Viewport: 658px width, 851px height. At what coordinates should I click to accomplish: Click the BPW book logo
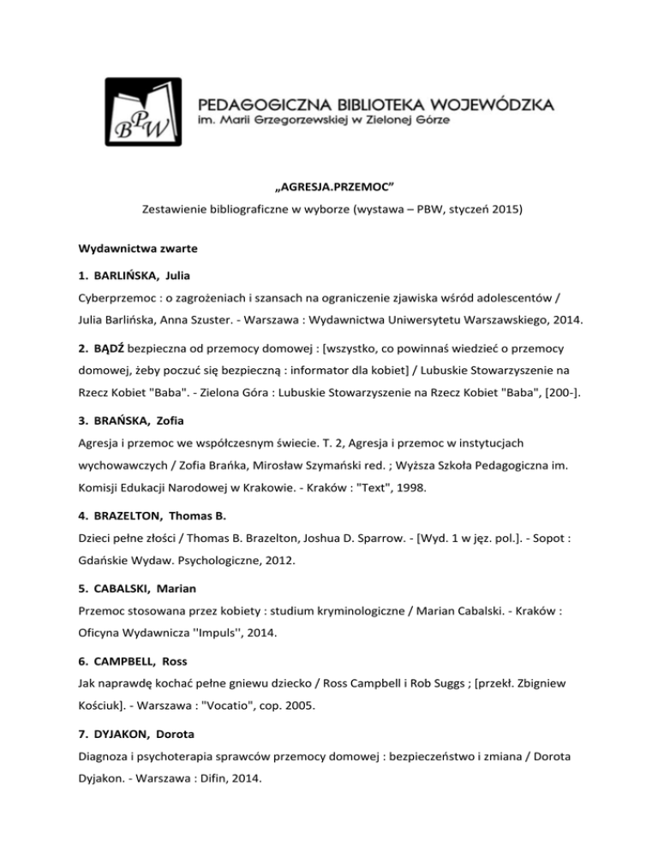tap(147, 114)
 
